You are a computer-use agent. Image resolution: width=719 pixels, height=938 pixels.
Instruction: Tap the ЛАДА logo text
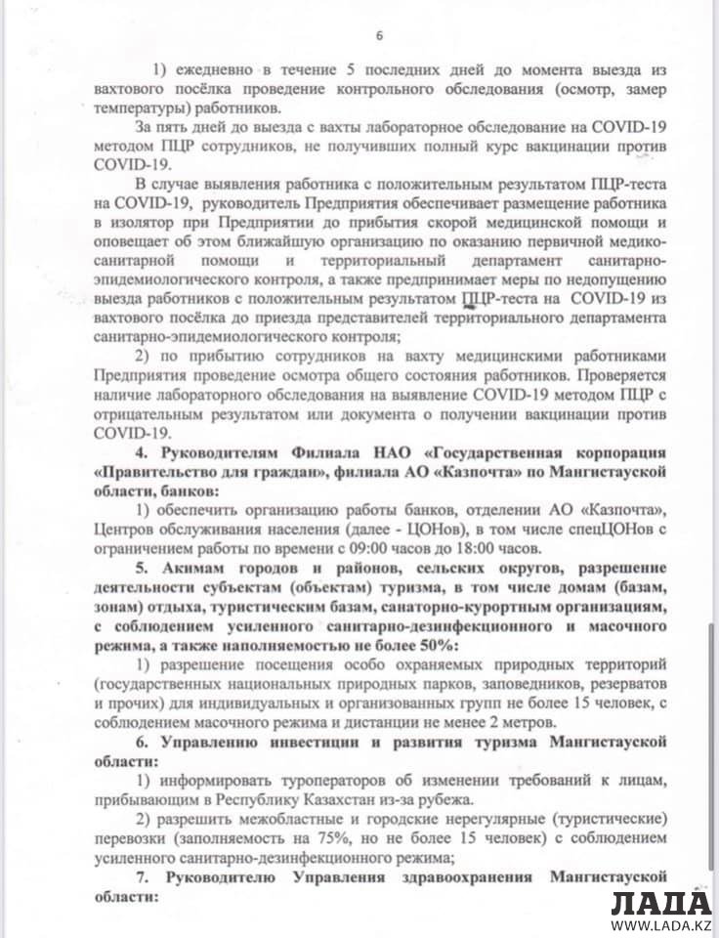(661, 903)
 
